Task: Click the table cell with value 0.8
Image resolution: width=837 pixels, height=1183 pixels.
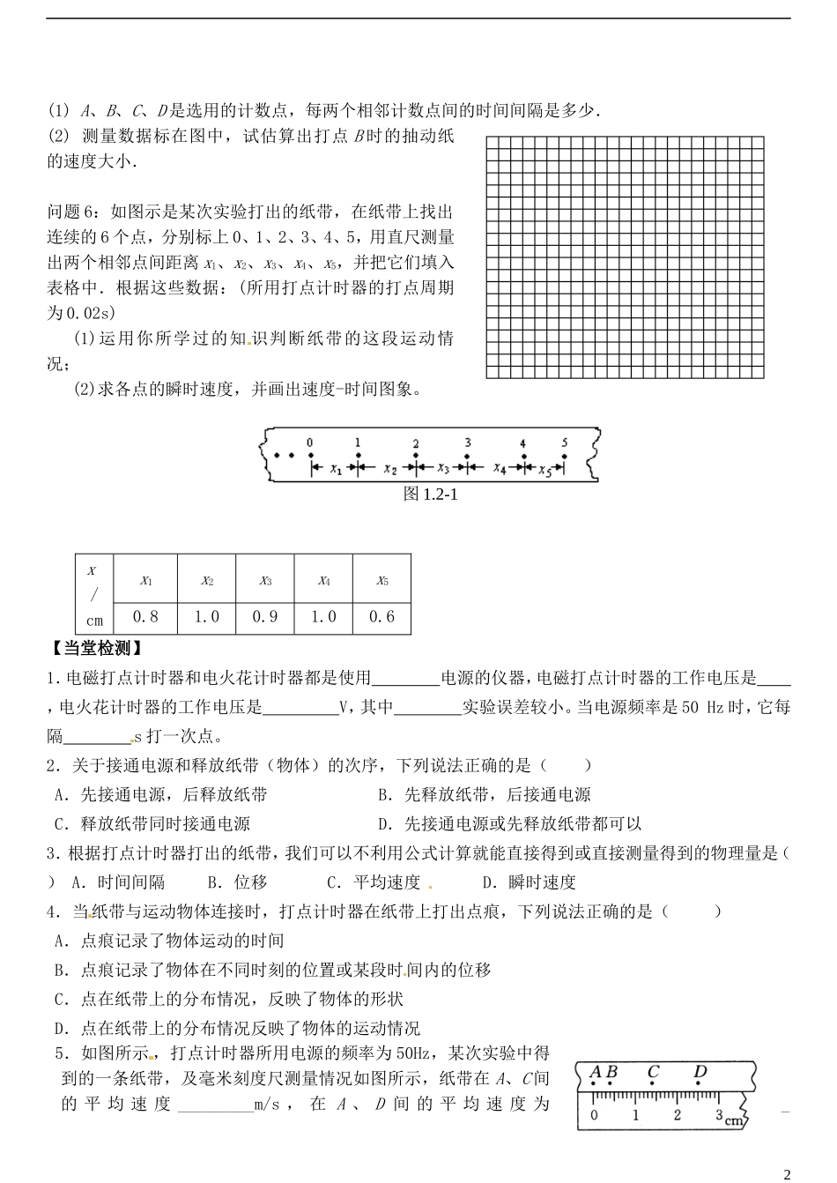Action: click(147, 617)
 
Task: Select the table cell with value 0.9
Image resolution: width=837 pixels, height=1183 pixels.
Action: click(265, 617)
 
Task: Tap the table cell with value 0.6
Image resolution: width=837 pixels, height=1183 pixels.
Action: click(382, 617)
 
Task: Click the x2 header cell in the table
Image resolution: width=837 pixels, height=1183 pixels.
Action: click(206, 581)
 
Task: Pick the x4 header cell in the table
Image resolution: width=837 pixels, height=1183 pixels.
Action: click(324, 581)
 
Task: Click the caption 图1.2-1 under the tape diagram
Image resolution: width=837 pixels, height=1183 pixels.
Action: click(430, 495)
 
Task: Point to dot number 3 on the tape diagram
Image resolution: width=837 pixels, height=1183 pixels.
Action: click(468, 456)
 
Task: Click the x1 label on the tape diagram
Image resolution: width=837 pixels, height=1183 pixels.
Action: click(335, 471)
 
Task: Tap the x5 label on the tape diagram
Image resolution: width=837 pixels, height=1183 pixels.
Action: click(546, 471)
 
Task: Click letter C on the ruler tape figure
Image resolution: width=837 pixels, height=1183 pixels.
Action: click(653, 1073)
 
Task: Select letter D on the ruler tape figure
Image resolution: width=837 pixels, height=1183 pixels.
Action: click(700, 1073)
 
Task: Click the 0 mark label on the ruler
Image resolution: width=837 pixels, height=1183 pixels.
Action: click(594, 1115)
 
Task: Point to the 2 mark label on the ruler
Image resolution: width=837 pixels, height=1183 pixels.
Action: click(677, 1115)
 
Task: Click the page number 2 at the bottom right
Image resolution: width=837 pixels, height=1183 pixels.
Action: click(787, 1173)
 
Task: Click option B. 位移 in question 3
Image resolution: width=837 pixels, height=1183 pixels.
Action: click(237, 882)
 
